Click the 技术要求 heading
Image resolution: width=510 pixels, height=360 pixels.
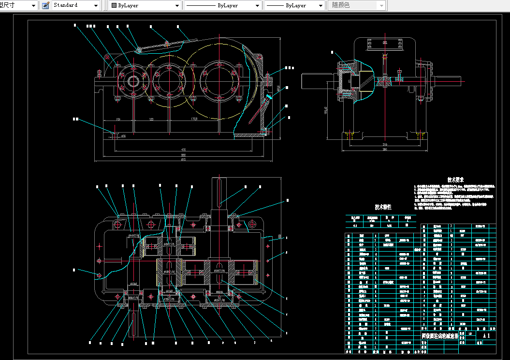455,179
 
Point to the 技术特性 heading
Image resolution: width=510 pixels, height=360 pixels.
383,207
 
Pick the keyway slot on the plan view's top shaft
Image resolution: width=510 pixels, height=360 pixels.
220,191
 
